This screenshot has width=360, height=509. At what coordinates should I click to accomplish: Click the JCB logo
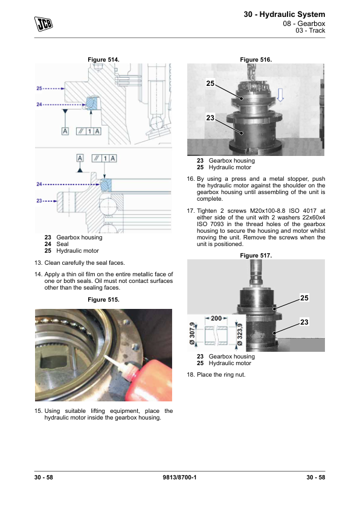click(x=43, y=24)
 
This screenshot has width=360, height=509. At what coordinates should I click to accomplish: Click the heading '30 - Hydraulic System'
click(x=284, y=15)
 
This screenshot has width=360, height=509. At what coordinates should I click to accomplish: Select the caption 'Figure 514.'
click(x=103, y=60)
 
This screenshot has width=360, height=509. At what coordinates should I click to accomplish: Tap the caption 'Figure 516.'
click(x=256, y=60)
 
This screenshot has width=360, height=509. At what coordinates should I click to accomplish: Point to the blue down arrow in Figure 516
click(x=280, y=95)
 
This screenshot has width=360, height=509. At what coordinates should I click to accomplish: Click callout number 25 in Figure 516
click(x=210, y=83)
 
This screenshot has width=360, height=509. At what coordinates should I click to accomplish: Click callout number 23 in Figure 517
click(x=304, y=322)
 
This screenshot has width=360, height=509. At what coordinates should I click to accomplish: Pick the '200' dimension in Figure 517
click(x=216, y=318)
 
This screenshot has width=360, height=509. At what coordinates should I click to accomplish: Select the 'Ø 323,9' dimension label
click(x=240, y=336)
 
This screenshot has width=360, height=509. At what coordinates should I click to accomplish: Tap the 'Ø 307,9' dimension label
click(x=192, y=334)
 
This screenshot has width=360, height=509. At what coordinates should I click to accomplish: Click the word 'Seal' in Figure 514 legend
click(x=62, y=244)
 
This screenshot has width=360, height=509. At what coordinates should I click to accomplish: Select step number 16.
click(x=190, y=179)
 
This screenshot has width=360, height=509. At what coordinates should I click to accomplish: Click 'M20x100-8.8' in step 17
click(x=268, y=211)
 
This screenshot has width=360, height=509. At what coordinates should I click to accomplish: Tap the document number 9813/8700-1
click(x=179, y=477)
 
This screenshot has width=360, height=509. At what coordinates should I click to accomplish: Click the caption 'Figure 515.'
click(x=103, y=300)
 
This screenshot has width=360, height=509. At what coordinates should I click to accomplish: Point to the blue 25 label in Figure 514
click(x=39, y=88)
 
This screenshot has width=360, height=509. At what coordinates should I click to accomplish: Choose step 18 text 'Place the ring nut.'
click(x=221, y=375)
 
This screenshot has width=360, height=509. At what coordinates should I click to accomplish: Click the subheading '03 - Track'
click(x=310, y=30)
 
